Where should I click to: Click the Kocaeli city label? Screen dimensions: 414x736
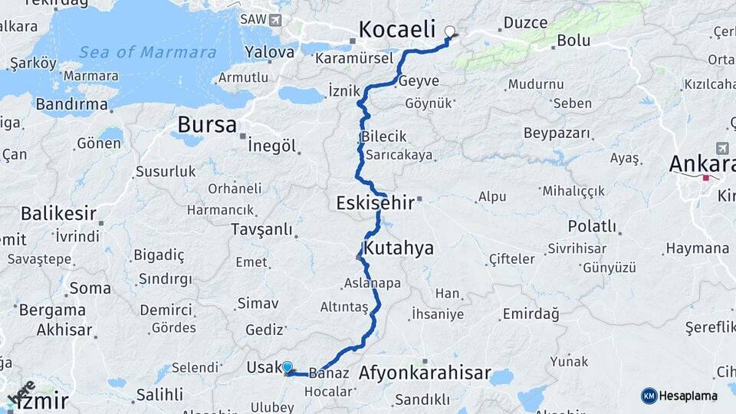click(397, 31)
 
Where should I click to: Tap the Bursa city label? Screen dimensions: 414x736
click(206, 124)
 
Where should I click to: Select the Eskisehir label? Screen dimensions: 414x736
click(375, 203)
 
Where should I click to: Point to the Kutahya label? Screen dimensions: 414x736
click(399, 248)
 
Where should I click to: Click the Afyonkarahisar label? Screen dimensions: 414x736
click(425, 374)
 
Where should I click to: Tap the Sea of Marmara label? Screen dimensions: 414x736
click(147, 52)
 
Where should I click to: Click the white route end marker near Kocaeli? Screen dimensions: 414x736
click(450, 32)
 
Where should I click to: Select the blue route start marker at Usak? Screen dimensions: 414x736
click(287, 367)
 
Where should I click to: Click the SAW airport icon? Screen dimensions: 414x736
click(274, 19)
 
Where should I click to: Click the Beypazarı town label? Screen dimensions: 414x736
click(557, 133)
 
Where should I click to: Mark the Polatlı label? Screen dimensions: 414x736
click(592, 226)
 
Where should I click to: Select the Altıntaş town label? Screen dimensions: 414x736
click(344, 307)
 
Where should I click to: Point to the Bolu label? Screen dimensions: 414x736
click(573, 40)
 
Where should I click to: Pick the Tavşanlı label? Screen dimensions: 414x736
click(262, 229)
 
